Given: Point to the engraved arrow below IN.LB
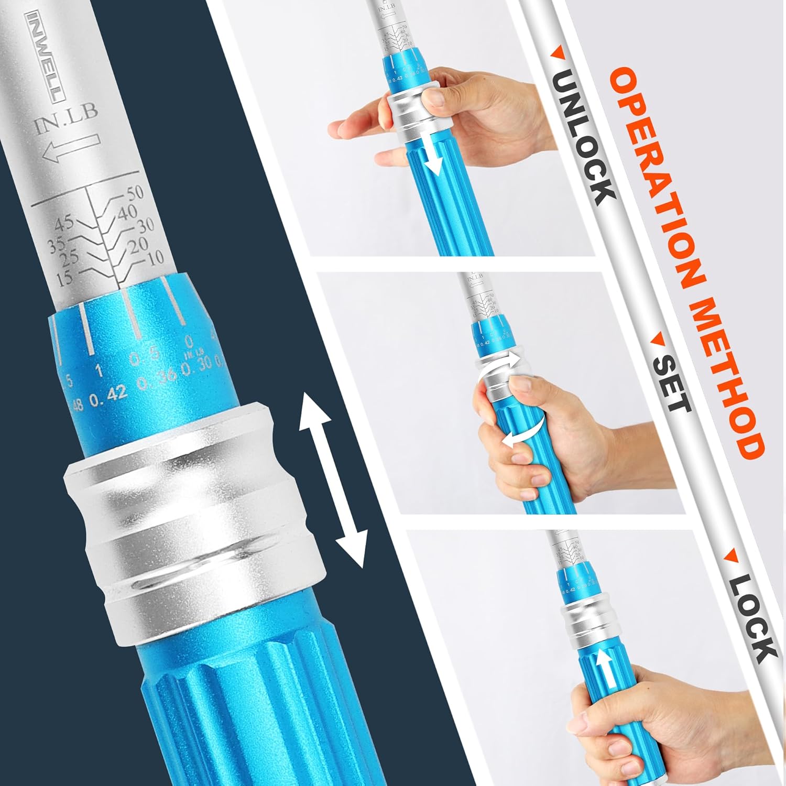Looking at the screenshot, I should coord(71,148).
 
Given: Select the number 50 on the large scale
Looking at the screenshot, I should coord(134,193).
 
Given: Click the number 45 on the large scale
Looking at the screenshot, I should coord(64,224).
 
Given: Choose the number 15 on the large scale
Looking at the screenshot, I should coord(64,278).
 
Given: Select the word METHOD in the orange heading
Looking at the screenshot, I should coord(728,377).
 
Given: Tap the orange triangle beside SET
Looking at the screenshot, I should coord(656,341).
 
